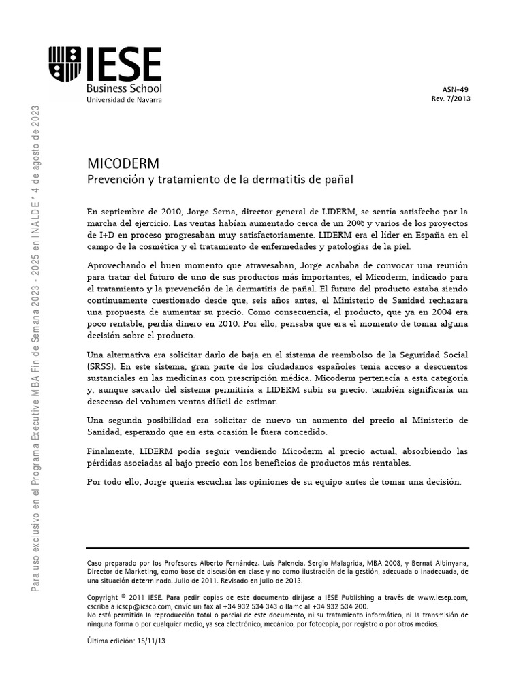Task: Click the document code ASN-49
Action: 456,88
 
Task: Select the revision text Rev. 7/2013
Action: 451,98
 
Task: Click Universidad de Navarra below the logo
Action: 124,99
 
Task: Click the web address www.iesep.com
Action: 443,597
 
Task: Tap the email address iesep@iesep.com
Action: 134,606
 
